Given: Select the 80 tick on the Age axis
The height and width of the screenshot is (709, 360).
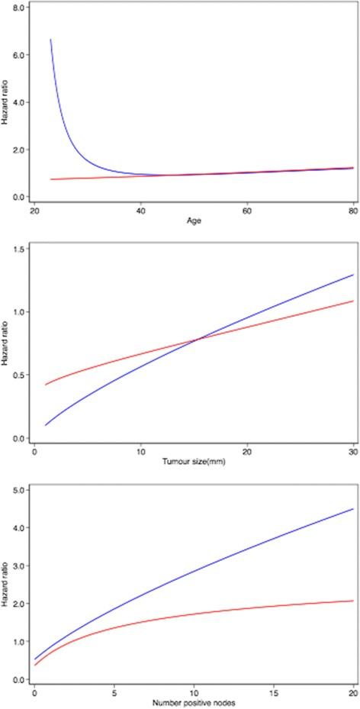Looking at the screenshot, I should pyautogui.click(x=353, y=211).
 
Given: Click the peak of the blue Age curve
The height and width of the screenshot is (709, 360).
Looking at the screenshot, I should pyautogui.click(x=51, y=39).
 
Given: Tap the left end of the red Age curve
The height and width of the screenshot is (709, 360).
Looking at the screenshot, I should pyautogui.click(x=51, y=179).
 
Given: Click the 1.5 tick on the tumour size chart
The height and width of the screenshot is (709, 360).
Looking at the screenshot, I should pyautogui.click(x=20, y=250).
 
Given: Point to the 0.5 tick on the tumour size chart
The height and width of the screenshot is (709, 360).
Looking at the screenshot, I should pyautogui.click(x=20, y=375).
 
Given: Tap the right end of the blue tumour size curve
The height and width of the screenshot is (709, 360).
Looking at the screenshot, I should pyautogui.click(x=353, y=275).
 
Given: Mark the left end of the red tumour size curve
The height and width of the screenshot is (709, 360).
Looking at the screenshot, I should pyautogui.click(x=45, y=385).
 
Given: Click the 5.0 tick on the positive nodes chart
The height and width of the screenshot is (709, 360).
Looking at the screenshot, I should pyautogui.click(x=20, y=489).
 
